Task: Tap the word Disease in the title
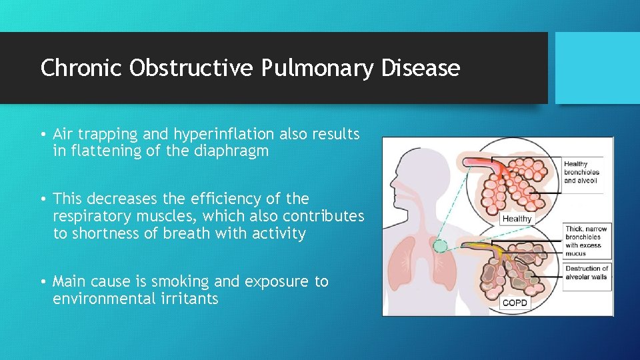pos(427,68)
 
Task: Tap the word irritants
pos(187,299)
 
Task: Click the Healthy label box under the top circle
pos(517,218)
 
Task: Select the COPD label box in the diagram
pos(515,303)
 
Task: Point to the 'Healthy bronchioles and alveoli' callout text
pos(581,173)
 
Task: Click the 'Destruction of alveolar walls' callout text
pos(587,273)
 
